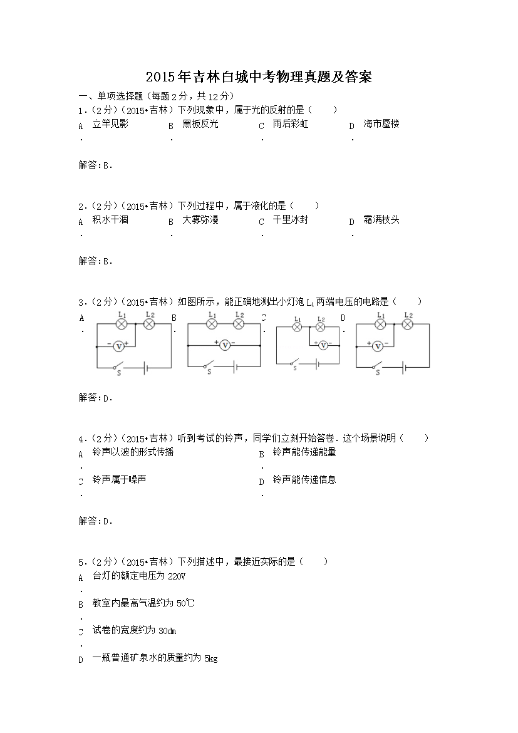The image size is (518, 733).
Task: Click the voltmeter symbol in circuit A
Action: point(118,345)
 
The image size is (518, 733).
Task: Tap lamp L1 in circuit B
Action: point(212,324)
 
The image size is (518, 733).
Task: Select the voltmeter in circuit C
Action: point(323,345)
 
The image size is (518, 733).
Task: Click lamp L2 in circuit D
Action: point(407,324)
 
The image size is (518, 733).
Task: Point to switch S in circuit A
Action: point(118,365)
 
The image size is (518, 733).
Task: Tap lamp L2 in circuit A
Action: point(149,324)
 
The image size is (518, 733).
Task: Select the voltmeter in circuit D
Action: point(378,345)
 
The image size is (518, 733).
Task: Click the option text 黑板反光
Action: point(200,124)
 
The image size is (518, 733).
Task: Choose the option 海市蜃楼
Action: point(381,124)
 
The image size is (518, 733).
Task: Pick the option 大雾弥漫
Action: point(200,220)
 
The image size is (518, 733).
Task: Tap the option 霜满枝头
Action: point(381,220)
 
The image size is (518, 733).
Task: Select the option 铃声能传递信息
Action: point(304,480)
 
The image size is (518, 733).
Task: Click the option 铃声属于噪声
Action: point(119,480)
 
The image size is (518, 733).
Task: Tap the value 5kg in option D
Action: point(210,658)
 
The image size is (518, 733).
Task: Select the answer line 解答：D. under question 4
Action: point(95,521)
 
